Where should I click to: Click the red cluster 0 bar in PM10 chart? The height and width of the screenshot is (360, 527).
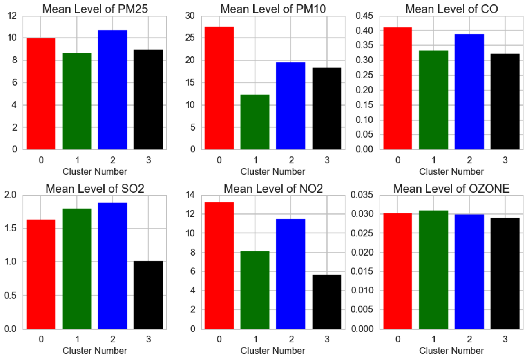(x=219, y=88)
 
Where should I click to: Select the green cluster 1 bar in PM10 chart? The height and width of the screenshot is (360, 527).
(x=255, y=122)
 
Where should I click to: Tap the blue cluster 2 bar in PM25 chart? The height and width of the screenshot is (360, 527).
(x=112, y=90)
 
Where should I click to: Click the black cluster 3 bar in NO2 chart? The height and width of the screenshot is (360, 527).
(x=326, y=302)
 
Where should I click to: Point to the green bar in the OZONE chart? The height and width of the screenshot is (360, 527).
(x=433, y=269)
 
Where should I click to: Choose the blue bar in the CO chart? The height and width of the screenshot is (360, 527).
(x=469, y=92)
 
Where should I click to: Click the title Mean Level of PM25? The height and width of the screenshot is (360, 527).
(x=95, y=9)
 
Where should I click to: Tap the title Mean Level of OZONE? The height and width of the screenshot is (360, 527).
(x=451, y=189)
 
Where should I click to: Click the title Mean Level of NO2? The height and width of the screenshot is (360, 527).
(x=273, y=189)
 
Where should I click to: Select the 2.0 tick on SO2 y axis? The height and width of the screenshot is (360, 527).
(x=11, y=195)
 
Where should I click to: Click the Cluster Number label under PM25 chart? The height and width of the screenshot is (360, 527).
(x=95, y=171)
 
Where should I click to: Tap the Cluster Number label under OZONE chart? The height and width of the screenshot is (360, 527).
(x=451, y=351)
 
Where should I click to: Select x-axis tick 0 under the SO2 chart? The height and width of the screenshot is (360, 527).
(x=41, y=340)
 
